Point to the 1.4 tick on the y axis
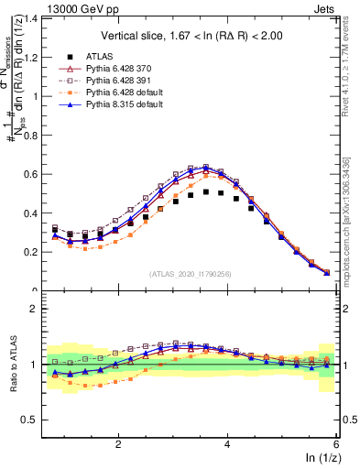35,18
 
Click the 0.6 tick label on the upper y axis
35,174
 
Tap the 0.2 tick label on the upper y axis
35,252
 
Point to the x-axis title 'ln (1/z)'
320,458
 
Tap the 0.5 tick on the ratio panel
35,420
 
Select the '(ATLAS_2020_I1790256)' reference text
191,273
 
